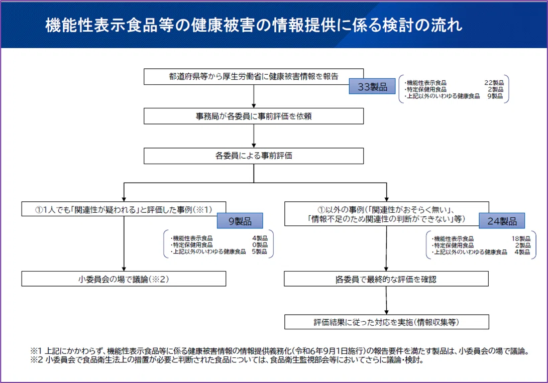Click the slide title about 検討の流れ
254,25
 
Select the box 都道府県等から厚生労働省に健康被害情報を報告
253,76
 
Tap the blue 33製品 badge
372,86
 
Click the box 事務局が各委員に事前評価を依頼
253,116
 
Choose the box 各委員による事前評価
253,156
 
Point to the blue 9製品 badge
240,221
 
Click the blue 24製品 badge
502,221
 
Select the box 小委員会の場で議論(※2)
124,279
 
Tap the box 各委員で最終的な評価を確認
386,279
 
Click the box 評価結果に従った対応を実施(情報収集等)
387,322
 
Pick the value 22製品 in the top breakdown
494,83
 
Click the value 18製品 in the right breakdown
521,239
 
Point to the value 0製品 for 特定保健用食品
260,245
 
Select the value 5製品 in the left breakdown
259,251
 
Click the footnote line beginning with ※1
280,351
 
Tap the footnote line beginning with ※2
227,359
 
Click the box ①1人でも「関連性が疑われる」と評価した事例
124,209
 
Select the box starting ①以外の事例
387,214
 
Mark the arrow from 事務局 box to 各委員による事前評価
254,136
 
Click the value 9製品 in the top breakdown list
495,96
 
